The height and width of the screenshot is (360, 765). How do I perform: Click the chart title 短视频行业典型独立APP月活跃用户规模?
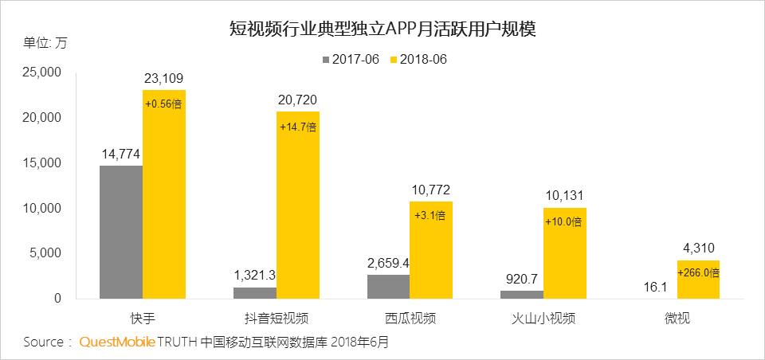(x=382, y=30)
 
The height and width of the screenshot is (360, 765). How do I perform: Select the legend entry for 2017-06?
(x=351, y=59)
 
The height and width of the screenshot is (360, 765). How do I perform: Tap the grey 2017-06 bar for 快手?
(x=121, y=232)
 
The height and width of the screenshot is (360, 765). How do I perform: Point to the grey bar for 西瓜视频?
(x=388, y=287)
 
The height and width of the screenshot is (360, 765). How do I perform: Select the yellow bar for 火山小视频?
(x=565, y=253)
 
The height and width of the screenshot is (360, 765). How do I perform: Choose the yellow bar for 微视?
(x=698, y=280)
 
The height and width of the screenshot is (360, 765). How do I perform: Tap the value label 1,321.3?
(x=254, y=276)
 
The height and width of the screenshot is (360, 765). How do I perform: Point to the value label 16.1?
(x=655, y=286)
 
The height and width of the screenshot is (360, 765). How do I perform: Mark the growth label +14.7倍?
(x=298, y=127)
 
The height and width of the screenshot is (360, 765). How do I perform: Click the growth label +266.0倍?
(x=698, y=272)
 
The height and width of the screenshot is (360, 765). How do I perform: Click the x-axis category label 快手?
(x=143, y=319)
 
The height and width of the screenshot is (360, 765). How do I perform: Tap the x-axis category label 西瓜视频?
(x=410, y=319)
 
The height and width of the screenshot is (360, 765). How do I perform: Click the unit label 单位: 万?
(x=45, y=43)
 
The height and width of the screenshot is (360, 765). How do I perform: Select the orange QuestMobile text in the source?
(x=117, y=342)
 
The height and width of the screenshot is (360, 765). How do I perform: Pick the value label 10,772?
(x=431, y=190)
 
